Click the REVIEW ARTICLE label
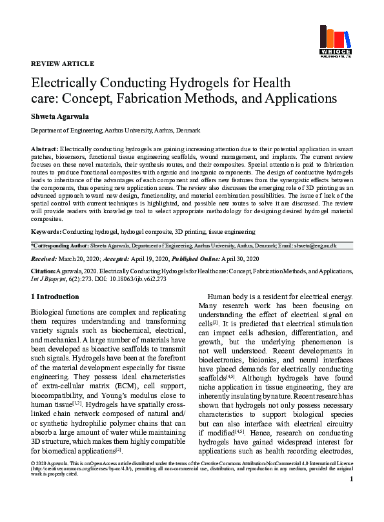point(63,63)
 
